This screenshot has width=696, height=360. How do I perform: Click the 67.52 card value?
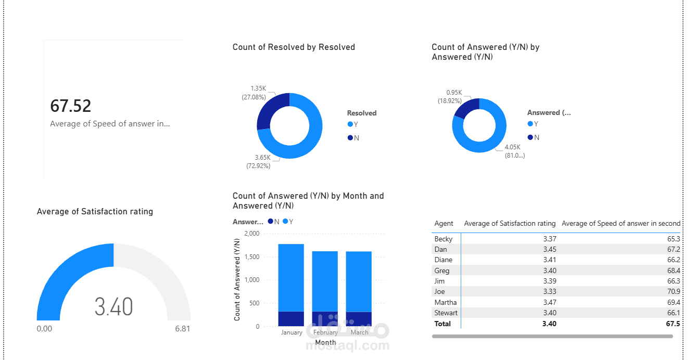71,106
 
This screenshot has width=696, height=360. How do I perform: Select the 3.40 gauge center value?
113,307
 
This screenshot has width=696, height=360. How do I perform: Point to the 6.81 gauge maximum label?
182,329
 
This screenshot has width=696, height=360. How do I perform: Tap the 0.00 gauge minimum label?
45,329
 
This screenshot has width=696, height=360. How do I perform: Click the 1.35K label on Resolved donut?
258,88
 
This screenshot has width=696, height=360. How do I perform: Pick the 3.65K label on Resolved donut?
262,157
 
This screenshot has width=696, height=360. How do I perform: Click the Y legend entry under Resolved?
354,124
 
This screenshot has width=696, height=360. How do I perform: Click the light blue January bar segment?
291,277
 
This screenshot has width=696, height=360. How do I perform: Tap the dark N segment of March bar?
359,319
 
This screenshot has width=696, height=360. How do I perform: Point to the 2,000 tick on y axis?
251,234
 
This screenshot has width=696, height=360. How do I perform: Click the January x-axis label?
292,332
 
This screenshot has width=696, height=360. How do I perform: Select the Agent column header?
444,223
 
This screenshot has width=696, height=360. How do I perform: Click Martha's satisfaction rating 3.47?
549,302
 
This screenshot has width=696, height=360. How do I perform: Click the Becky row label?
444,239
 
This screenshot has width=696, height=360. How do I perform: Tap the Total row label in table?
442,324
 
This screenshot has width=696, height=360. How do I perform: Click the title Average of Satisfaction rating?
95,211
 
